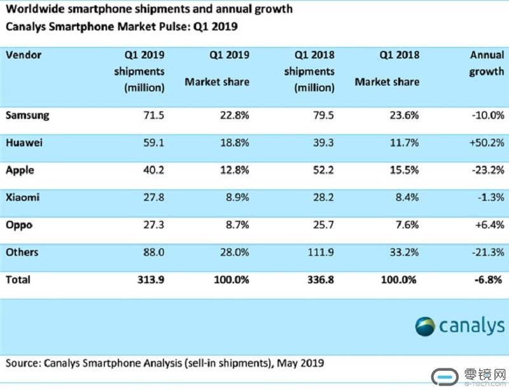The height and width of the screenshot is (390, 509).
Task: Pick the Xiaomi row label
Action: click(x=23, y=198)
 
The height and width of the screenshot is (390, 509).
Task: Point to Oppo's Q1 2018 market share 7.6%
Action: click(x=405, y=225)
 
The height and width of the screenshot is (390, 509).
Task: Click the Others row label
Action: click(x=22, y=252)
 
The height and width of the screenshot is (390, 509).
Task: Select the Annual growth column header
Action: click(x=486, y=64)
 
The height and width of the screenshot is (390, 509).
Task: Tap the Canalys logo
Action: click(x=459, y=326)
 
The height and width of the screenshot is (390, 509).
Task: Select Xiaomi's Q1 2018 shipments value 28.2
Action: click(x=321, y=198)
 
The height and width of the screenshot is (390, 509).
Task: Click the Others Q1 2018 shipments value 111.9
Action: click(x=319, y=252)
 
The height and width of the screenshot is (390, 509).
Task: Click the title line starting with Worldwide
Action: click(x=150, y=10)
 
